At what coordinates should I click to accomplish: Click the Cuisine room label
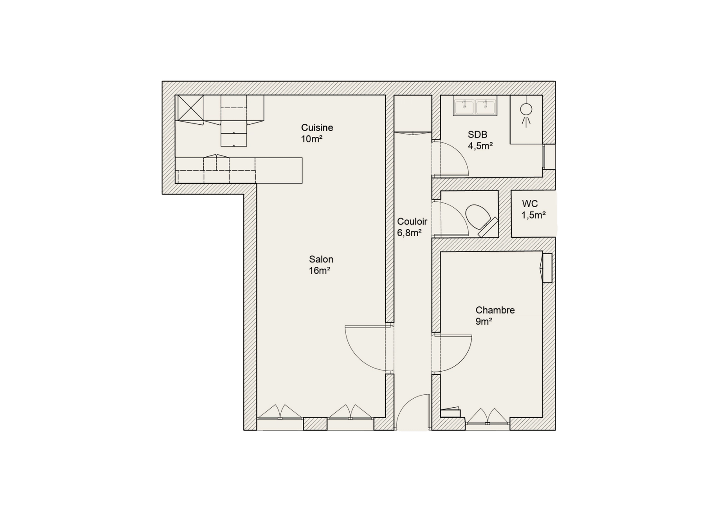tap(317, 128)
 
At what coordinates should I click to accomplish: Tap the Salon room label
tap(321, 260)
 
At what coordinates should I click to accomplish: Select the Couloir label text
tap(412, 221)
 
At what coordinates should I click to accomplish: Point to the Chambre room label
tap(495, 310)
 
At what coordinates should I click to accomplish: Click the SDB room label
tap(477, 134)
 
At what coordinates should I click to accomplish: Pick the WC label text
tap(530, 204)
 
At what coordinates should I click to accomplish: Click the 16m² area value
tap(319, 271)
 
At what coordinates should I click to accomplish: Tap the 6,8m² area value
tap(410, 233)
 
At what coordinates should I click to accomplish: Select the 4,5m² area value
tap(480, 146)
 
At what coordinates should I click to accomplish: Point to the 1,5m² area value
tap(534, 215)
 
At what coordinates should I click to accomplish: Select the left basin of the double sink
tap(464, 107)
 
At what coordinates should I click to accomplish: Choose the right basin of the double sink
tap(485, 107)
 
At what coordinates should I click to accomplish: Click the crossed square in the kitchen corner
tap(191, 108)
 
